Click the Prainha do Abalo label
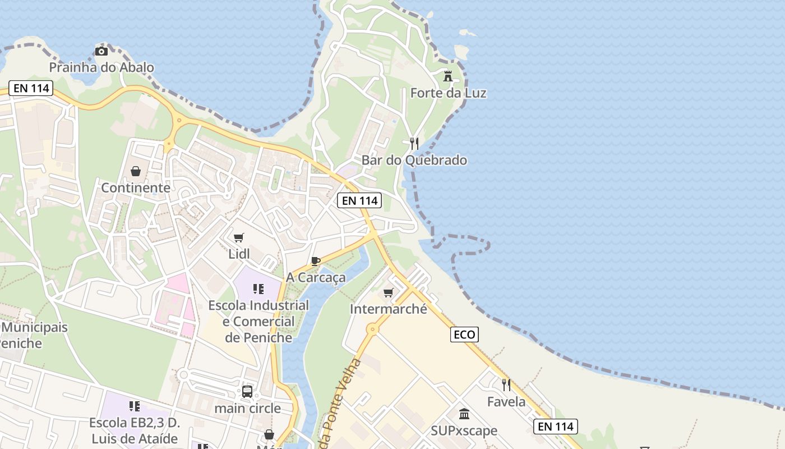coord(101,67)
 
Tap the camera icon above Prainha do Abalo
coord(101,52)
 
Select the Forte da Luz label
coord(448,93)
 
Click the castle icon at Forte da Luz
coord(448,76)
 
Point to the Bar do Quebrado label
coord(414,160)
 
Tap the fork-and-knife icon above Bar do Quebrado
coord(414,144)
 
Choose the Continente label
coord(136,187)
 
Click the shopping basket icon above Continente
coord(136,171)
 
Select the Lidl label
coord(239,254)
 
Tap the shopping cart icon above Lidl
coord(239,237)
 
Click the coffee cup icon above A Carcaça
coord(316,261)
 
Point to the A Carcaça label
coord(316,277)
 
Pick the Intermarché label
coord(389,309)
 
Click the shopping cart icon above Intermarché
coord(389,292)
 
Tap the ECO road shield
coord(464,335)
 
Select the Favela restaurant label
coord(506,401)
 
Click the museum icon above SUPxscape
coord(464,414)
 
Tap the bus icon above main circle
coord(247,392)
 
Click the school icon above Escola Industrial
coord(258,289)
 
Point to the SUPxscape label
coord(464,430)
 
